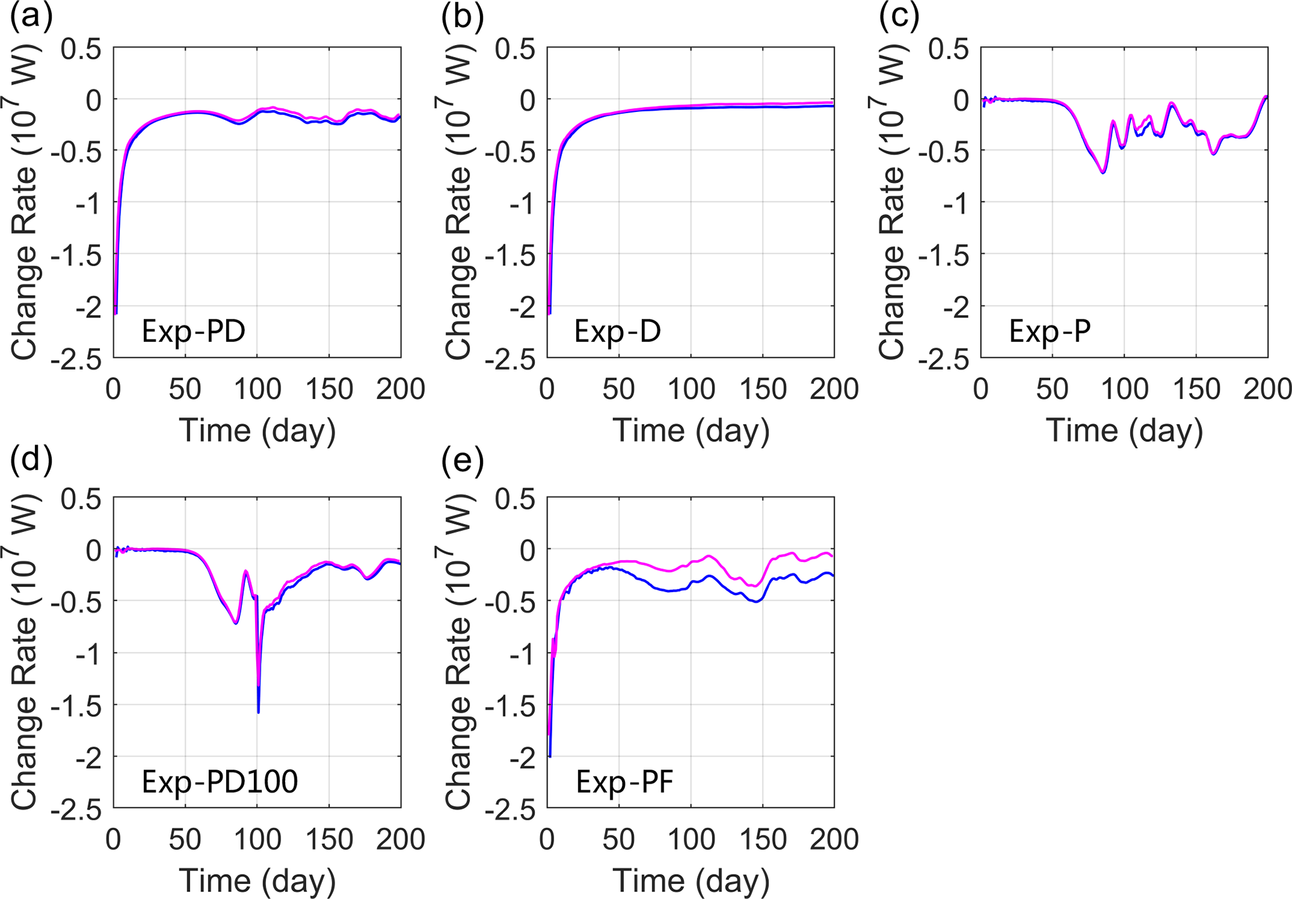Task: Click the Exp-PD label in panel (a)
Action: [193, 331]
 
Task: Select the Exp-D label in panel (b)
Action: [617, 331]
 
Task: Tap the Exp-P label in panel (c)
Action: [1049, 331]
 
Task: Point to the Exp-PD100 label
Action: [219, 781]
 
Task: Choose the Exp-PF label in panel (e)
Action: [624, 781]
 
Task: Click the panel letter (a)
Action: [31, 17]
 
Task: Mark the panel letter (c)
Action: [899, 17]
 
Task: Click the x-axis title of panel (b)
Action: [691, 431]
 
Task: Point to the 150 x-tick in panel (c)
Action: [1196, 389]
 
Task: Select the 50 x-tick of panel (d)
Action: [185, 839]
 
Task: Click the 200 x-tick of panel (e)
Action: [834, 839]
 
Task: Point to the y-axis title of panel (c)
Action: [891, 201]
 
